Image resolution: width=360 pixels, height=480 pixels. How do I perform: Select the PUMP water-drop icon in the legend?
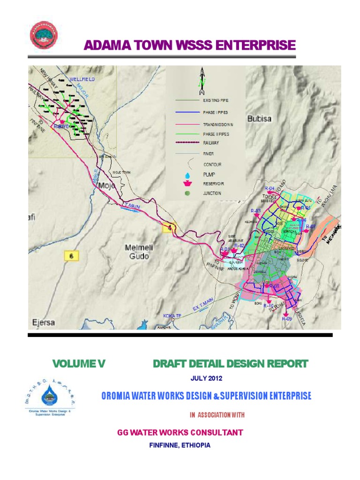tap(187, 174)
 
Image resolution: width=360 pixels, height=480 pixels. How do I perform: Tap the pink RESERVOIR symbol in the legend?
tap(187, 184)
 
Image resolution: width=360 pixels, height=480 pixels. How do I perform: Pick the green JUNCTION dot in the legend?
tap(187, 193)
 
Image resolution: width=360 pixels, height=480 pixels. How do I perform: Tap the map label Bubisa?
tap(259, 119)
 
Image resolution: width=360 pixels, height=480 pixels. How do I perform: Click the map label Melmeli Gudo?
tap(140, 252)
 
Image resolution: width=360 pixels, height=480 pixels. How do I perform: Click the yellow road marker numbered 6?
tap(71, 256)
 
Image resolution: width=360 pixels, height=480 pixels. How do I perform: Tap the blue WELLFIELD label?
tap(82, 80)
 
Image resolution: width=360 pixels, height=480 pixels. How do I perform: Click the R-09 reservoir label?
tap(287, 319)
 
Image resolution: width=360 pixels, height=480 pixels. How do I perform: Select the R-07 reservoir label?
tap(311, 227)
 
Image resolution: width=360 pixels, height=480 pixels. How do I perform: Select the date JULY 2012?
tap(206, 378)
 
